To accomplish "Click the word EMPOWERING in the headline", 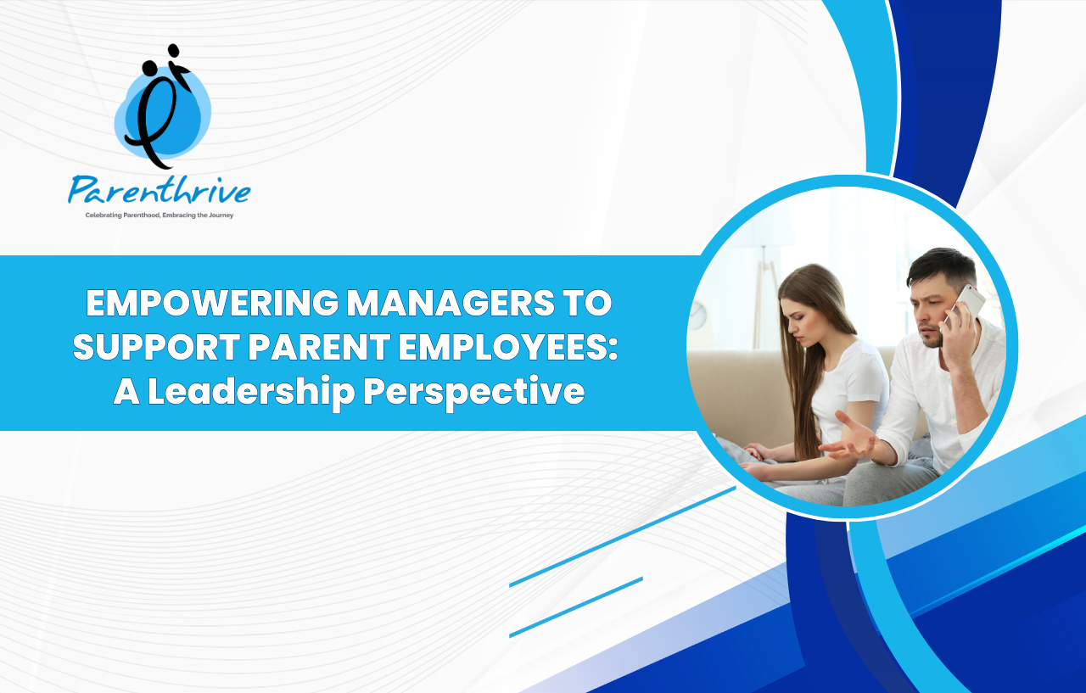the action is point(212,303).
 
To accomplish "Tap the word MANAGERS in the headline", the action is point(451,303).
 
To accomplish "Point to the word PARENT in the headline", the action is point(320,347).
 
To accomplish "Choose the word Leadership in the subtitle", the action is point(251,391).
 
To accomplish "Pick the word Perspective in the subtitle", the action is point(474,393).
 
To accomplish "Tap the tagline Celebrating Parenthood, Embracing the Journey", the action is point(160,215).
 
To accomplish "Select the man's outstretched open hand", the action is point(848,439).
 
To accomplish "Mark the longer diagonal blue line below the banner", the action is point(623,537).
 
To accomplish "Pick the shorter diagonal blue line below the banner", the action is point(576,607).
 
